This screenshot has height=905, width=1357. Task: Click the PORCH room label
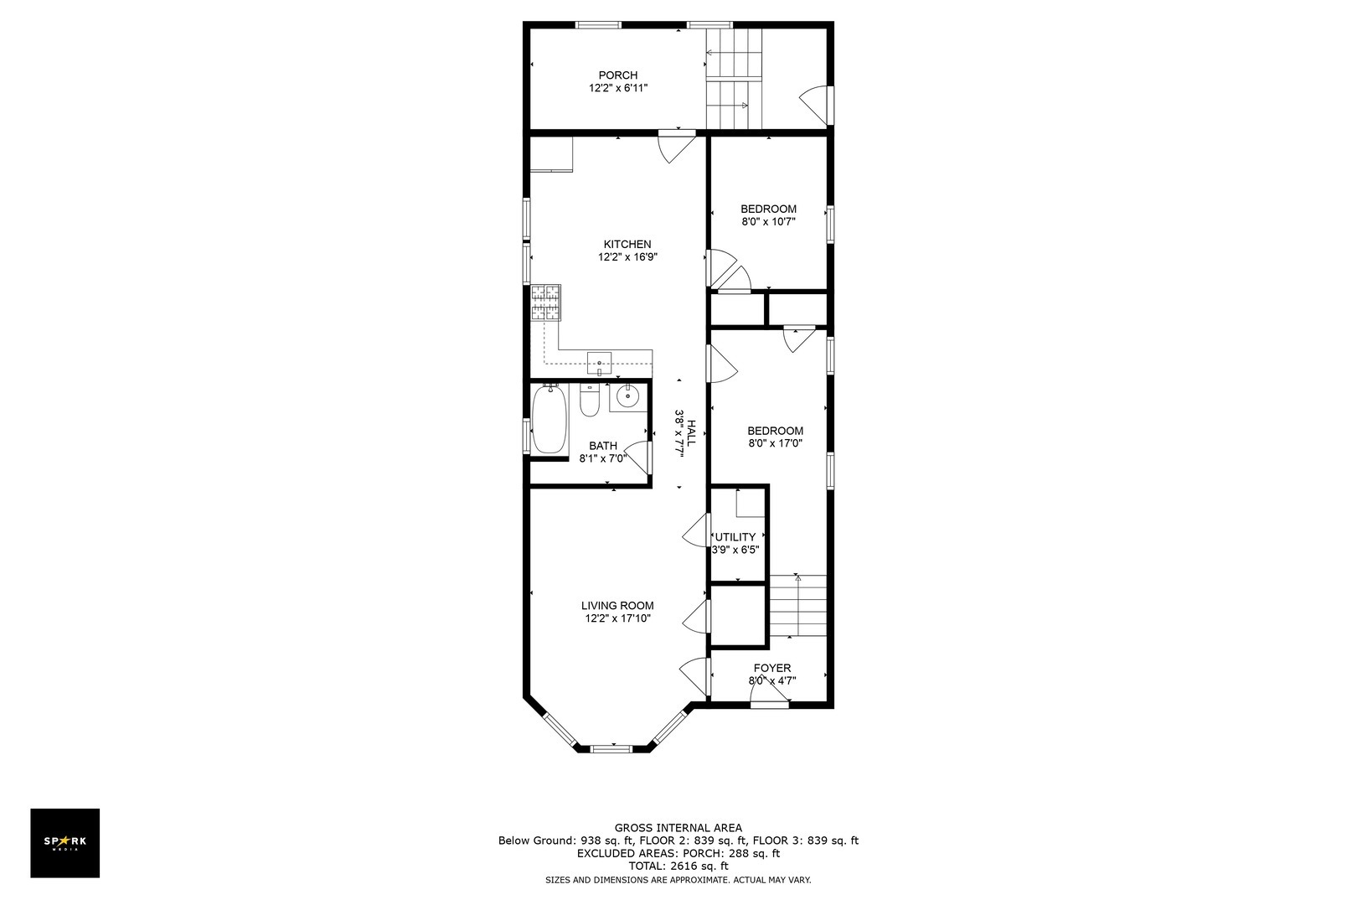pyautogui.click(x=618, y=75)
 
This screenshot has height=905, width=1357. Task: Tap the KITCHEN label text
pyautogui.click(x=627, y=245)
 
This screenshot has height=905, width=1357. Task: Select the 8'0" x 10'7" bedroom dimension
pyautogui.click(x=768, y=222)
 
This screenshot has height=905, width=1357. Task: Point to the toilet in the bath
pyautogui.click(x=590, y=402)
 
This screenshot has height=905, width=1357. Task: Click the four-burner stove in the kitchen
pyautogui.click(x=545, y=303)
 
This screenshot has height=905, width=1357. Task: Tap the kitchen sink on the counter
pyautogui.click(x=600, y=363)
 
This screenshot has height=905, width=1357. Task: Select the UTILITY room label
pyautogui.click(x=735, y=537)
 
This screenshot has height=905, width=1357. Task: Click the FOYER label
pyautogui.click(x=771, y=668)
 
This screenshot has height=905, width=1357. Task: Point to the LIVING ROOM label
pyautogui.click(x=617, y=606)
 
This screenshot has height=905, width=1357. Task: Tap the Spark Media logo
pyautogui.click(x=65, y=842)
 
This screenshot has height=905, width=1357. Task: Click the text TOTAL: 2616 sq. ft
pyautogui.click(x=678, y=866)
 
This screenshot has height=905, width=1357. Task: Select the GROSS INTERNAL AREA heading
pyautogui.click(x=678, y=828)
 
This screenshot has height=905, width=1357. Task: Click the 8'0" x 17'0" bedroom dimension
pyautogui.click(x=775, y=444)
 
